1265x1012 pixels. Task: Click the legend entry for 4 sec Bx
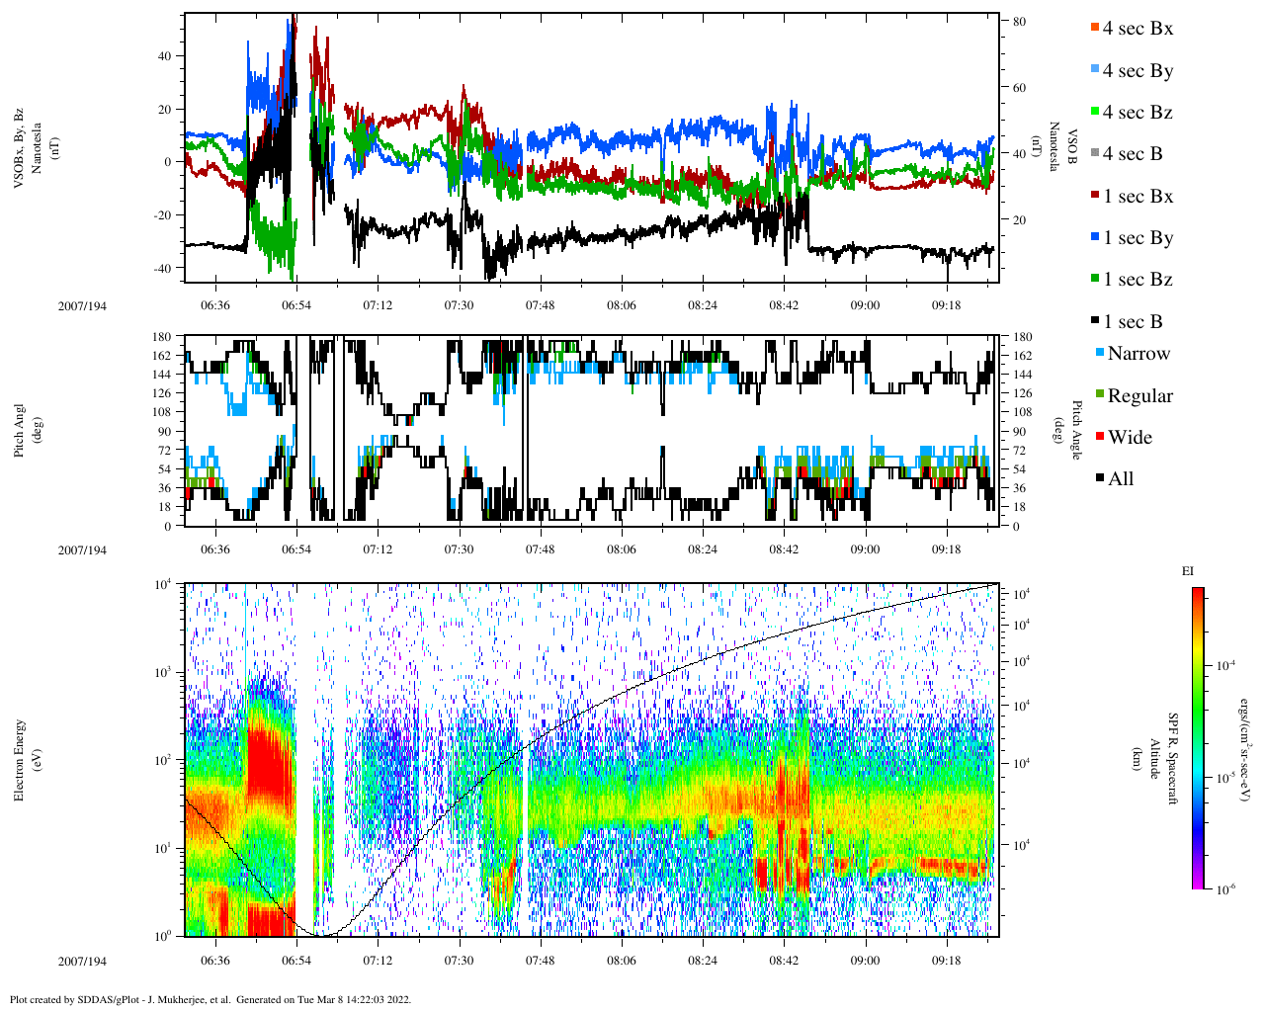(1138, 29)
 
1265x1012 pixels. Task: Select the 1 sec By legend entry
(1138, 238)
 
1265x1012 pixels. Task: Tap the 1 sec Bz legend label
(1138, 280)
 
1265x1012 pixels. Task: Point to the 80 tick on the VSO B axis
(1019, 22)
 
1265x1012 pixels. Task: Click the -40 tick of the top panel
(165, 268)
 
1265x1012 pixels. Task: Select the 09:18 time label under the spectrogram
(946, 961)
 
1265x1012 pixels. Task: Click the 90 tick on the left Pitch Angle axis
(163, 431)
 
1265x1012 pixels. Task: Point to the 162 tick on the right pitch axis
(1022, 356)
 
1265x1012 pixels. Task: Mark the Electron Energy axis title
(20, 759)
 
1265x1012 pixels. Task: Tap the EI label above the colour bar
(1188, 571)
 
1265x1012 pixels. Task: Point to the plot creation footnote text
(210, 999)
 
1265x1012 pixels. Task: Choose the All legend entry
(1120, 479)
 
